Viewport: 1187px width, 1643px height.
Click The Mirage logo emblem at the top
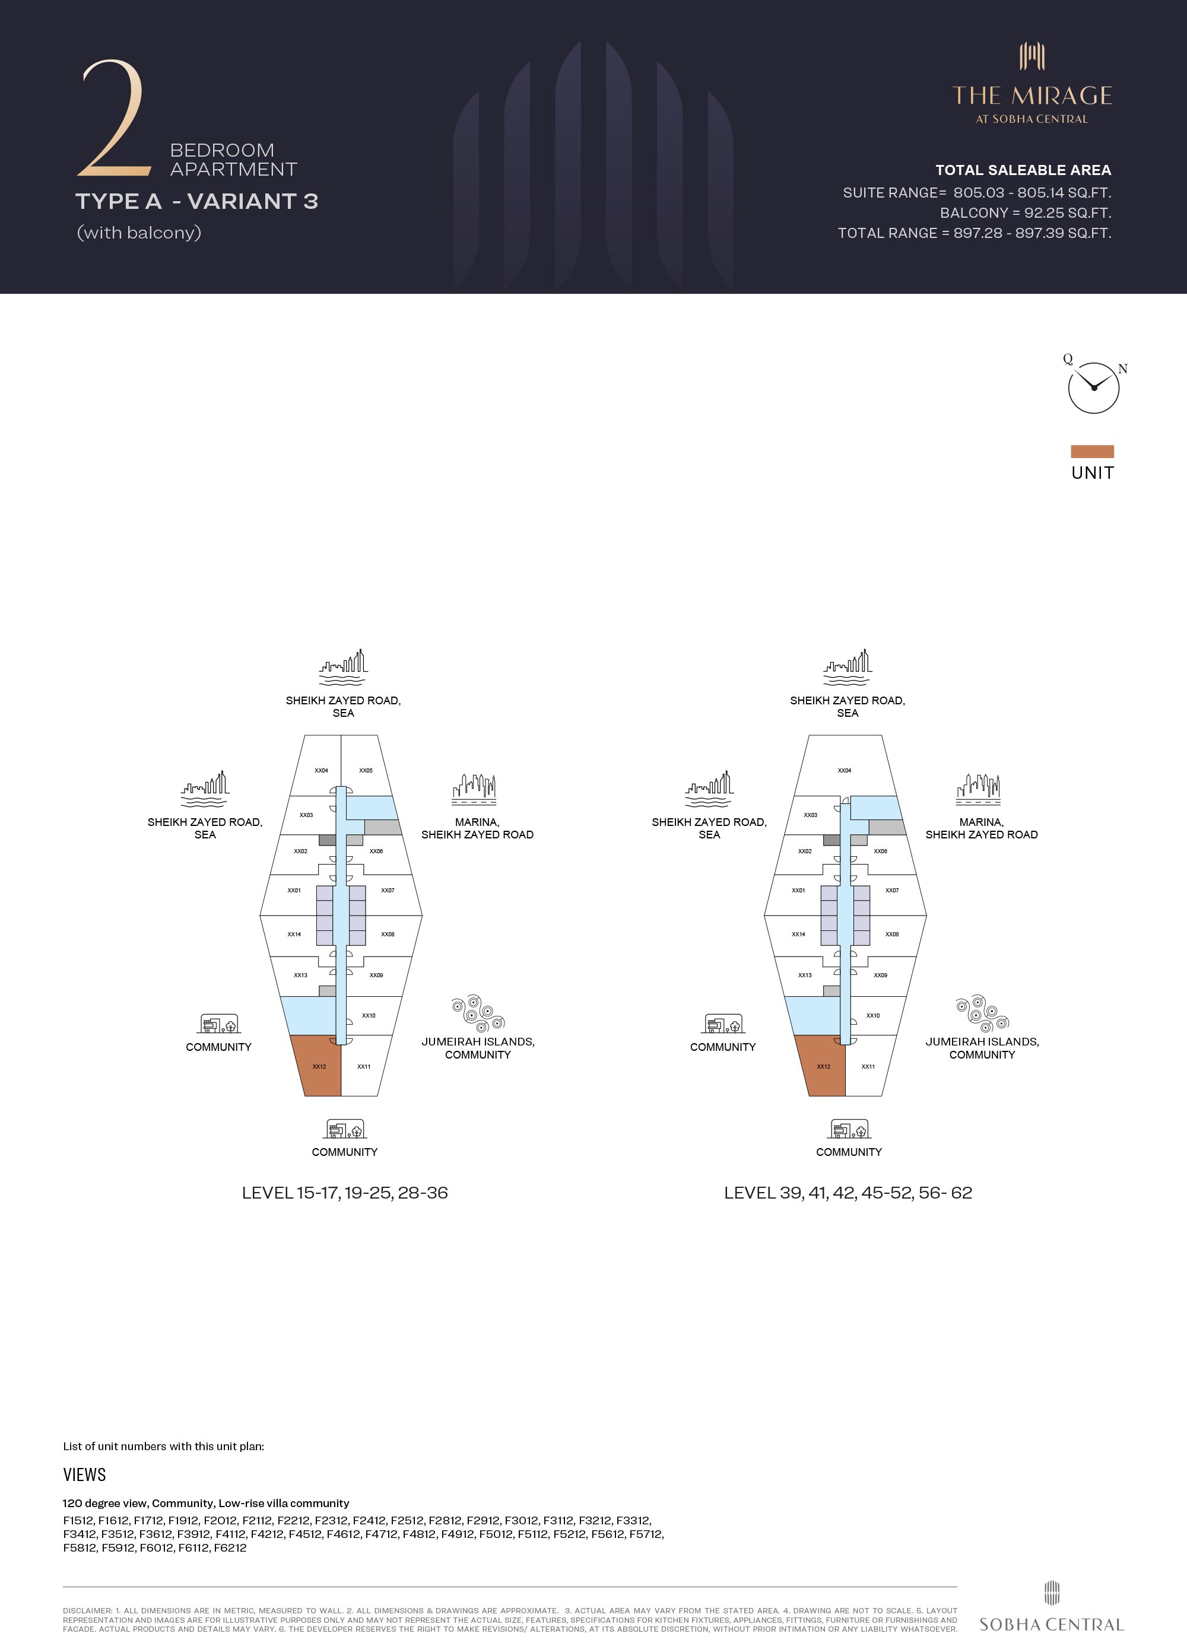coord(1032,56)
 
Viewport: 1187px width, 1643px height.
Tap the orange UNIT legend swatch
coord(1092,452)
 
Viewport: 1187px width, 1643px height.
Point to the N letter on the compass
coord(1122,368)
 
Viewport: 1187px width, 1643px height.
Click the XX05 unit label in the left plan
coord(366,770)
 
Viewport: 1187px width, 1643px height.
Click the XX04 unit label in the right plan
coord(844,770)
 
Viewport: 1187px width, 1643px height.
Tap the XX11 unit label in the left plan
coord(364,1066)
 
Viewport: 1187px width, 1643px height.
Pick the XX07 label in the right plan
coord(892,890)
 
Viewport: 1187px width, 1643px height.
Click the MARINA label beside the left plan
coord(477,822)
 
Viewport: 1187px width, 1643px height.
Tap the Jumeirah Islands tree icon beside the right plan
coord(982,1013)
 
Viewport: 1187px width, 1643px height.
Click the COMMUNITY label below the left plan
coord(344,1152)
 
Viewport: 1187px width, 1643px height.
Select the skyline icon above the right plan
coord(847,667)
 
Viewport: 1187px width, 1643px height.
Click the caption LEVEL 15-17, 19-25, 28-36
coord(345,1193)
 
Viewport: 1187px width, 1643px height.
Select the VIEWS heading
coord(84,1475)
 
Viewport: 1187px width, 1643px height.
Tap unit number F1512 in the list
coord(78,1521)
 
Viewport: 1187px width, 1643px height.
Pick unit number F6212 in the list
coord(230,1547)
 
